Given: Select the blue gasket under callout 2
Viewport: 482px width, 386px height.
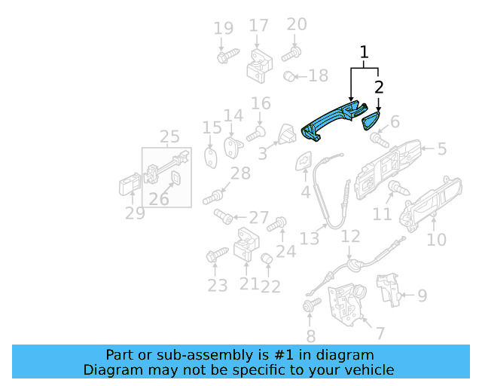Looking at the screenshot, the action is [x=371, y=121].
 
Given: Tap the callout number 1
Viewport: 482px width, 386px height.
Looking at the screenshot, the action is [x=364, y=52].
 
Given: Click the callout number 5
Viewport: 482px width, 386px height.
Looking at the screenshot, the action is [x=442, y=149].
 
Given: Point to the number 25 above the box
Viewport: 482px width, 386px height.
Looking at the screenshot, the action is [x=169, y=136].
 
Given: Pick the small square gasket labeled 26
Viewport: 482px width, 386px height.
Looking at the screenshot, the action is [x=175, y=178].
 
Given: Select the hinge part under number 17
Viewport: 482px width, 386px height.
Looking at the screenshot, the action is [x=260, y=66].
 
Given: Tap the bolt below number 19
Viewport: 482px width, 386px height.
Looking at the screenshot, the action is [x=227, y=56].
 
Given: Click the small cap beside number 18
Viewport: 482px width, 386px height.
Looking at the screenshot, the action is [x=289, y=76].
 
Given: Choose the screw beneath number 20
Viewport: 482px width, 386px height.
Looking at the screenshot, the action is [x=291, y=54].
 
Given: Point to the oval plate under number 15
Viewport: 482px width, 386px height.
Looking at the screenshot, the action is [x=211, y=158].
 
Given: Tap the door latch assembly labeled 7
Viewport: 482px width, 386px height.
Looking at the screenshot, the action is [x=346, y=305].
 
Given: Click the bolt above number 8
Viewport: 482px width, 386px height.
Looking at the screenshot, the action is [x=312, y=305].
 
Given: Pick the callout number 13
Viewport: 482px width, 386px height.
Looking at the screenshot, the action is [x=310, y=239].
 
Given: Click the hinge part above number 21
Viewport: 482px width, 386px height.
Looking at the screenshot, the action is [x=246, y=244].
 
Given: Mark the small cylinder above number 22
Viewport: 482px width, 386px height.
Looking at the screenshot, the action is [x=267, y=259].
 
